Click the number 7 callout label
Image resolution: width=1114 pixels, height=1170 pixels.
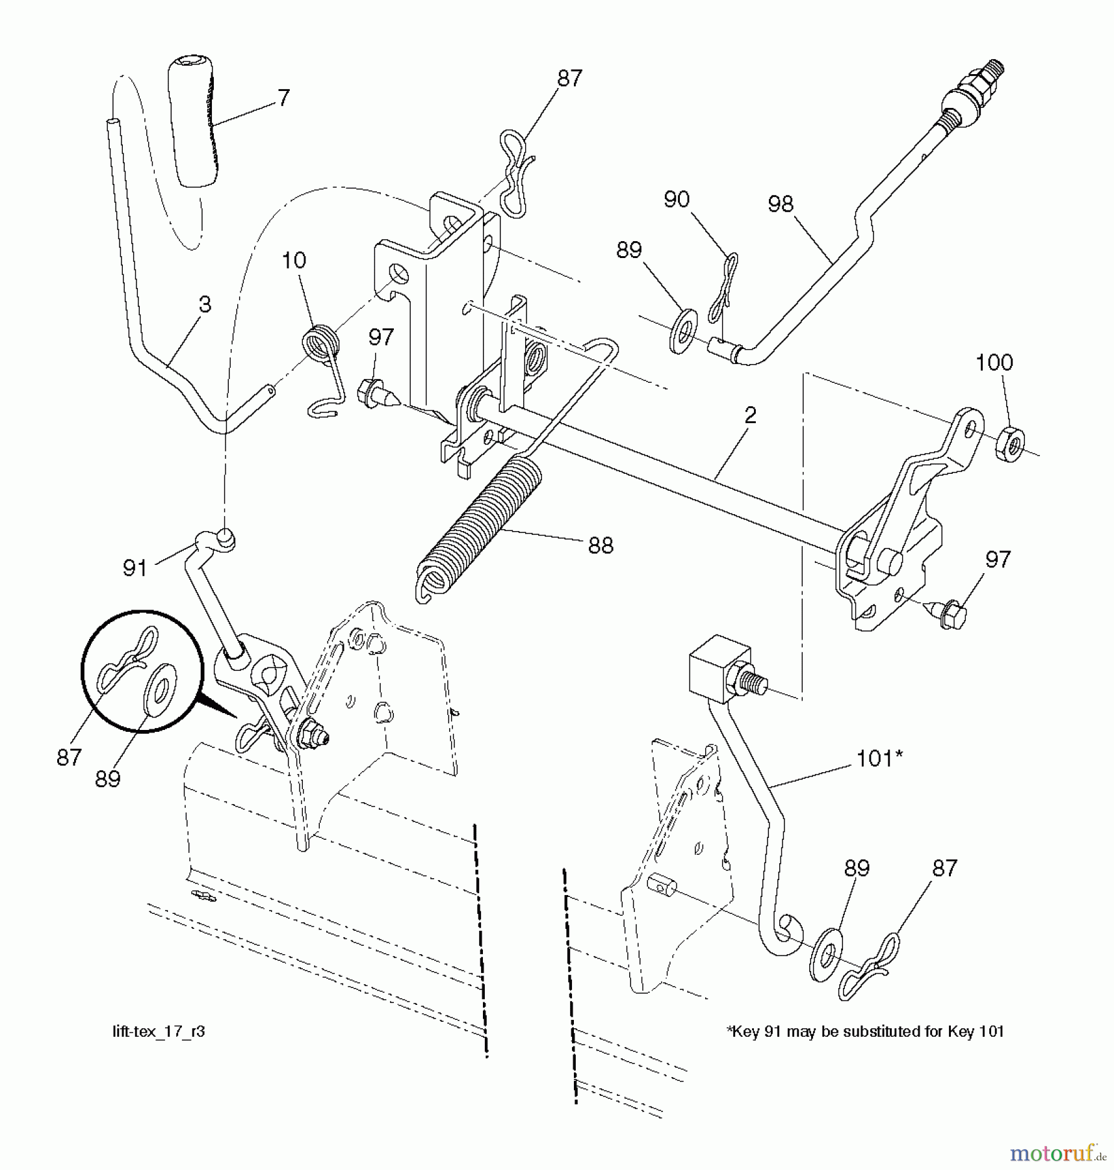click(283, 98)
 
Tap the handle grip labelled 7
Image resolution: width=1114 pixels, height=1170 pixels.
click(193, 123)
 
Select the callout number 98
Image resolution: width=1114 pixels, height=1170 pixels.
click(781, 204)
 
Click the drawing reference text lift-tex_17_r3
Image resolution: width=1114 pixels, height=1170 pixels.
click(159, 1032)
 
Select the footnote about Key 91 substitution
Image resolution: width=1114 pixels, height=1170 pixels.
click(865, 1032)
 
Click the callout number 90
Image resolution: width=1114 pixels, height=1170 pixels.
click(677, 200)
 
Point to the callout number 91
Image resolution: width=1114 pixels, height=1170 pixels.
click(135, 569)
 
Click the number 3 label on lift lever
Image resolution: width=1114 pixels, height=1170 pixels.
click(205, 304)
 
